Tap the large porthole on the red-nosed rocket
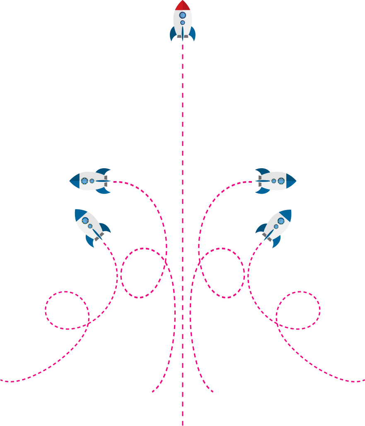pos(183,15)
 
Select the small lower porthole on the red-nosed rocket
pos(183,22)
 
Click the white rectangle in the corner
pos(41,61)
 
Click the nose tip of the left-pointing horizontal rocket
pos(71,181)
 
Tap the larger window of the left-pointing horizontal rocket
pos(85,181)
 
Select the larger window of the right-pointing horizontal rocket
pos(281,181)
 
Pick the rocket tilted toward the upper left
pos(92,227)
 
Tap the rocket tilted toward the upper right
pos(274,227)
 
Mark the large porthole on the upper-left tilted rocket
pos(85,221)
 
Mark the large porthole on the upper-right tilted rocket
pos(281,221)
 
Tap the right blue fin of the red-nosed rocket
pos(193,34)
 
